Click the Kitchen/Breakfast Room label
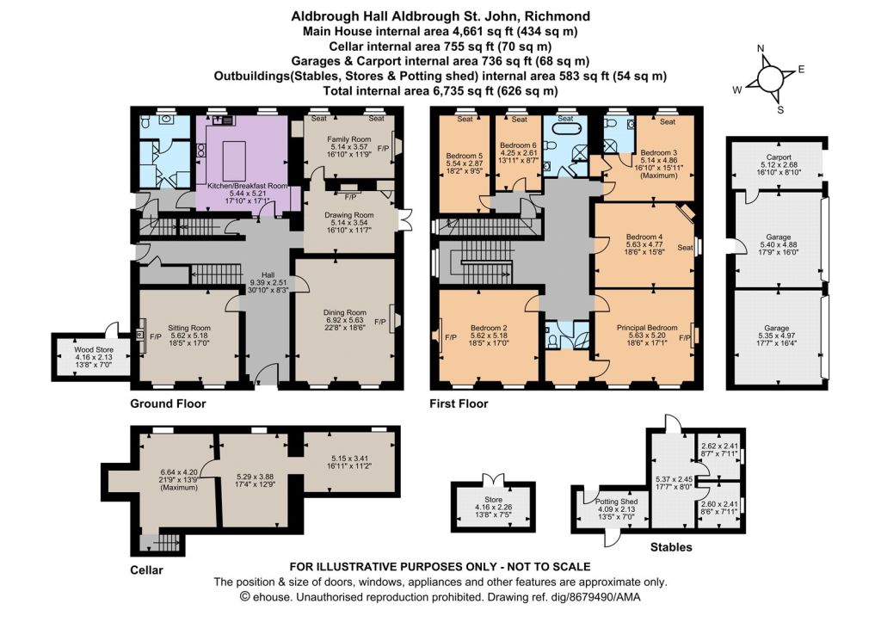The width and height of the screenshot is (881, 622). pos(247,186)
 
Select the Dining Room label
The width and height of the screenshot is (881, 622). pos(344,312)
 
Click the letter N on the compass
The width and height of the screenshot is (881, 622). pos(761,49)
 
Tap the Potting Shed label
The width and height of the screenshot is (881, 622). pos(616,502)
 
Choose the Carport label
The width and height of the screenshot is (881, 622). pos(778,157)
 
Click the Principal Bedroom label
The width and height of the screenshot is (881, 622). pos(647,328)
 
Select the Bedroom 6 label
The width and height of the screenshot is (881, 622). pos(518,145)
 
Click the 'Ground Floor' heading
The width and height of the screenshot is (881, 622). pos(168,403)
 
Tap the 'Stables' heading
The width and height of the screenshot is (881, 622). pos(671,546)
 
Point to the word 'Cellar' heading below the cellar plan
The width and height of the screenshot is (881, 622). pos(146,570)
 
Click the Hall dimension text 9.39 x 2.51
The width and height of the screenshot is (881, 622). pos(268,283)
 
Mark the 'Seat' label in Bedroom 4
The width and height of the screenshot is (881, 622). pos(685,247)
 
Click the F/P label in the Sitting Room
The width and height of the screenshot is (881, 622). pos(156,337)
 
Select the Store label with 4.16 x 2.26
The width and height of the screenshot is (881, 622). pos(493,500)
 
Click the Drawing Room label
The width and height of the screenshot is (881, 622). pos(349,214)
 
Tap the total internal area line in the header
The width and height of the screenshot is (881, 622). pos(441,90)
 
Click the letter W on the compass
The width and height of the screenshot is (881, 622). pos(737,89)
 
